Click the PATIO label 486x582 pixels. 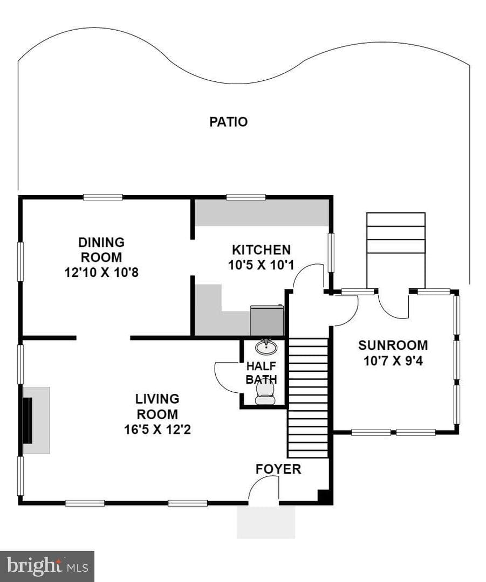(x=228, y=122)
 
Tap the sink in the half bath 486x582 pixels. (x=266, y=347)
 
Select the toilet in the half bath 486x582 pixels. (x=265, y=392)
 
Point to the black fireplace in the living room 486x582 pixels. (x=28, y=420)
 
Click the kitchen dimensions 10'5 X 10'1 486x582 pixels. (x=261, y=265)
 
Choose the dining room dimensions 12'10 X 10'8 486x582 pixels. (x=101, y=273)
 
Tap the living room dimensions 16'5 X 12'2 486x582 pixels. (x=157, y=429)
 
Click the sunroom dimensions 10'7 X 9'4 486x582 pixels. (x=393, y=361)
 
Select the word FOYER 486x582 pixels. (x=278, y=469)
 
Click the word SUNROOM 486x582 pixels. (x=393, y=345)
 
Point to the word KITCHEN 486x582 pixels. (x=261, y=250)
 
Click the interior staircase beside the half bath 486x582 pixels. (x=308, y=398)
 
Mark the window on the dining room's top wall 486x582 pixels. (x=103, y=197)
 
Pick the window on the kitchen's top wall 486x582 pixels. (x=246, y=197)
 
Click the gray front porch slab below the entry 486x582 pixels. (x=266, y=522)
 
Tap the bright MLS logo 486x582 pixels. (x=47, y=566)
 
